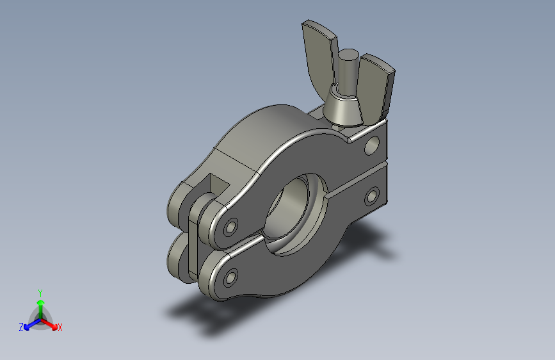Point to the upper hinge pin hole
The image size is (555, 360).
coord(230,227)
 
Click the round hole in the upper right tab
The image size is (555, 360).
coord(372,145)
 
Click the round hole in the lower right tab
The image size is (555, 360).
coord(372,196)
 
